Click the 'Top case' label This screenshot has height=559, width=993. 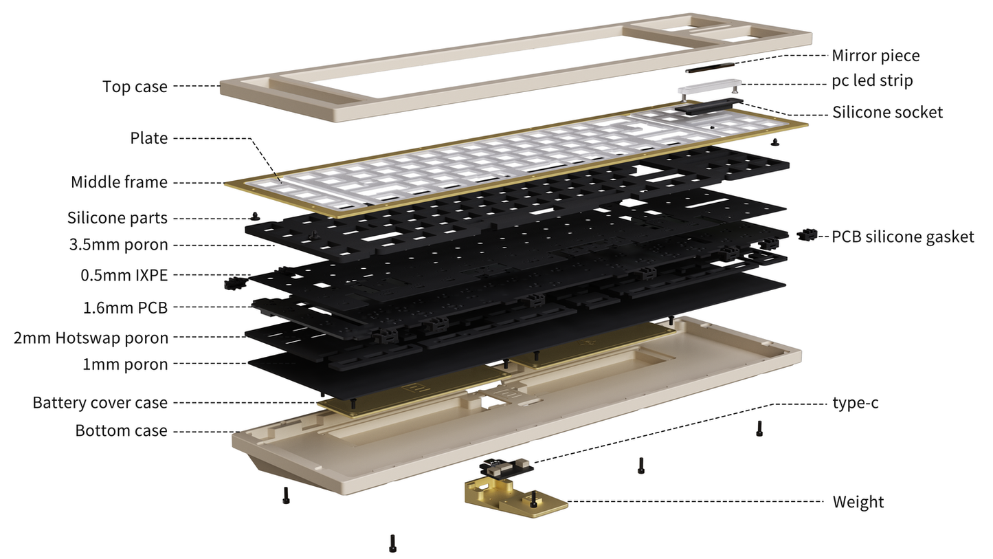click(x=135, y=87)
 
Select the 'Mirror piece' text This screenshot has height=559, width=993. click(x=875, y=56)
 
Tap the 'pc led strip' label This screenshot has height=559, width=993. click(x=871, y=80)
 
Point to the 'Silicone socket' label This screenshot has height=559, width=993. click(x=887, y=112)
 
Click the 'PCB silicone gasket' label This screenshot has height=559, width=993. click(x=902, y=237)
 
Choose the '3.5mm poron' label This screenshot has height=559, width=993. click(x=118, y=245)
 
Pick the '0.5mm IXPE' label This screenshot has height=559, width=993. click(x=124, y=276)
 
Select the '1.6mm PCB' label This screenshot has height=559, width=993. click(x=125, y=307)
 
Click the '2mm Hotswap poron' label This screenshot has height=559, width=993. click(x=91, y=338)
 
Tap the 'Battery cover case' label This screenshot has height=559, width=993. click(x=100, y=402)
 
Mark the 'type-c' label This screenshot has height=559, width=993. click(x=855, y=403)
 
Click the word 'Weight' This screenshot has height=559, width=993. click(x=858, y=502)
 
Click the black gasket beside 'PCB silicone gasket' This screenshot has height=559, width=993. click(x=807, y=235)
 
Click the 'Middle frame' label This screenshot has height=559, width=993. click(x=119, y=182)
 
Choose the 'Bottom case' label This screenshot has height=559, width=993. click(x=121, y=431)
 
